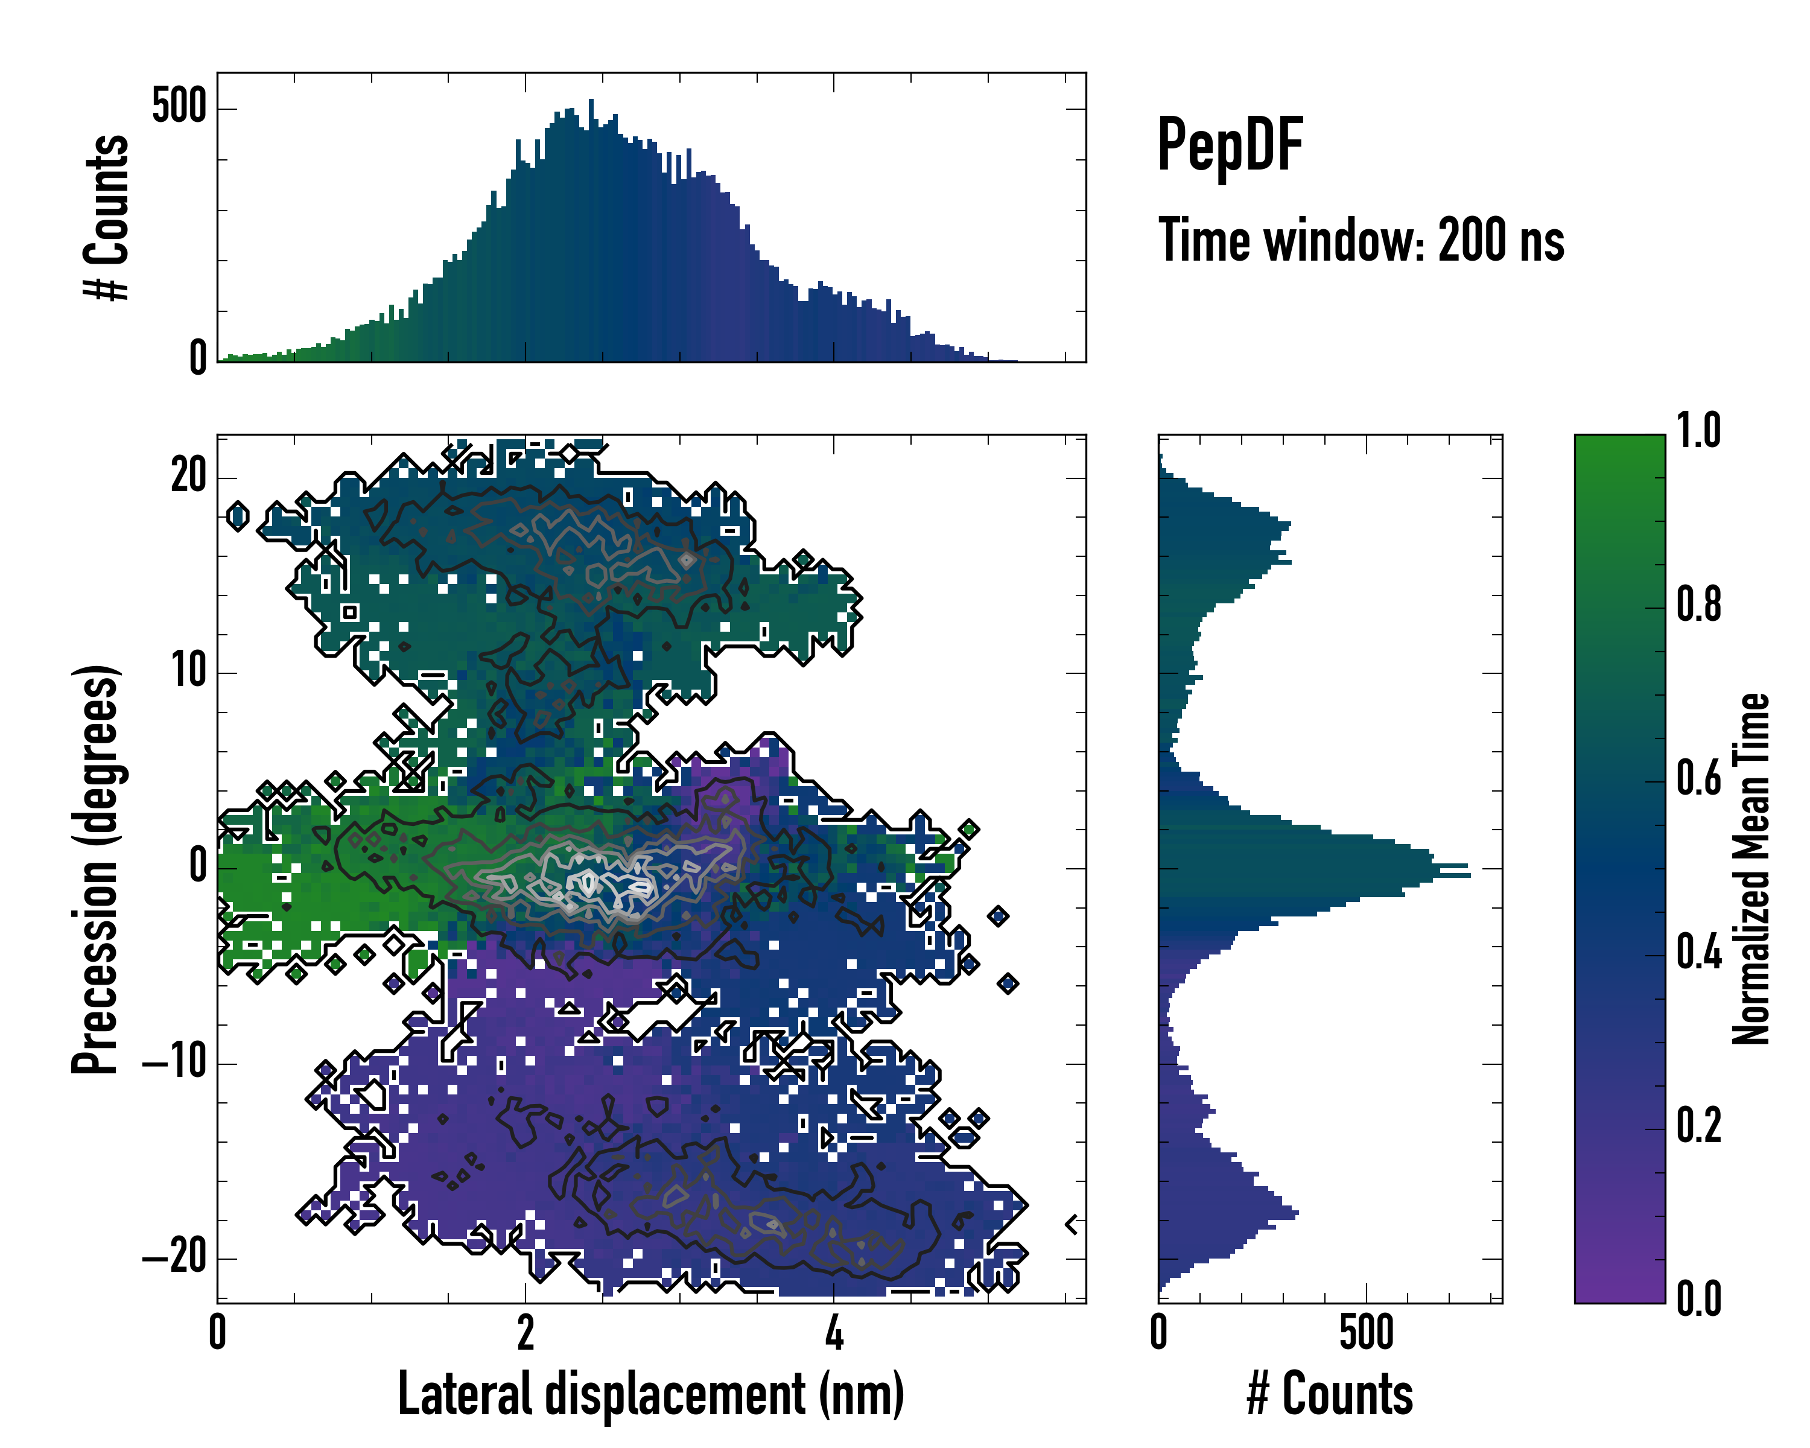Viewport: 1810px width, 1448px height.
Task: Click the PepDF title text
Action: click(1230, 144)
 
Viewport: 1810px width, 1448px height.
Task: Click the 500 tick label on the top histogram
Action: click(179, 107)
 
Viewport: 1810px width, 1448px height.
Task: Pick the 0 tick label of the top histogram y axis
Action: click(197, 358)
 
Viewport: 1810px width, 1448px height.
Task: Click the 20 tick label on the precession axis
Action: click(188, 477)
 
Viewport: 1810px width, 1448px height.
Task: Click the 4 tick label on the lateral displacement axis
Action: click(834, 1333)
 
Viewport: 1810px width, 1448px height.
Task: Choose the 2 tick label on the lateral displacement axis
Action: click(526, 1333)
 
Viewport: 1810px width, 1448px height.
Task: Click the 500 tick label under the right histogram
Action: click(1366, 1333)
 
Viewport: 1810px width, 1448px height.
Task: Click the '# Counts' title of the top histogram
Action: click(107, 217)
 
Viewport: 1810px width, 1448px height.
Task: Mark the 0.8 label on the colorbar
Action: click(1698, 605)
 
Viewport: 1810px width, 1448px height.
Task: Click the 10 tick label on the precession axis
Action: click(189, 672)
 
